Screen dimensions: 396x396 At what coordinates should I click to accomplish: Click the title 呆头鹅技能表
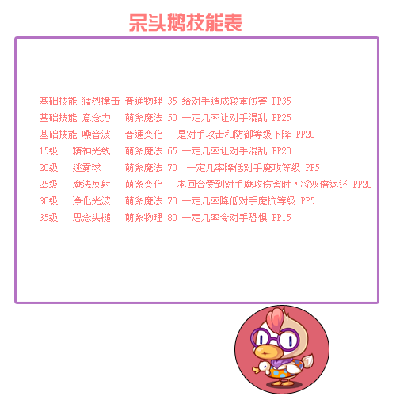(185, 23)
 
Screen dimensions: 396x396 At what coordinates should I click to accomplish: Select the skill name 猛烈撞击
(101, 101)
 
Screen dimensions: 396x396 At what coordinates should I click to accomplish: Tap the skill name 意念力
(96, 118)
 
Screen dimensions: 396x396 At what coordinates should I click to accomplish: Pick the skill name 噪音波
(96, 135)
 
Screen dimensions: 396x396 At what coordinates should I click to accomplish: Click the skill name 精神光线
(91, 151)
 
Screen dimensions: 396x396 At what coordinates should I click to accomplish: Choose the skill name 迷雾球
(86, 168)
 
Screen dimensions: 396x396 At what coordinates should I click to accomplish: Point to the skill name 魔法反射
(91, 185)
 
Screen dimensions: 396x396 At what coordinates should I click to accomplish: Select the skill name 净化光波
(91, 201)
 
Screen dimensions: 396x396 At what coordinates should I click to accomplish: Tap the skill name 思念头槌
(91, 218)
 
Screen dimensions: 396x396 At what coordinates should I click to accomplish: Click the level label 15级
(48, 151)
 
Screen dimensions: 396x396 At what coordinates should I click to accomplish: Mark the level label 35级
(48, 218)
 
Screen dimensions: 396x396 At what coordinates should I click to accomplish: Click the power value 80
(172, 218)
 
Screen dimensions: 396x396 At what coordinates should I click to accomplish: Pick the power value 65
(172, 151)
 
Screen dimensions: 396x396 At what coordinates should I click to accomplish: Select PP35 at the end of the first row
(281, 101)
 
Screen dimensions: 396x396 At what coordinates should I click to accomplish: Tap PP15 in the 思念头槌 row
(281, 218)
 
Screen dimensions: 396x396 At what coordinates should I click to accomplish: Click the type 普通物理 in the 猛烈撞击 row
(143, 101)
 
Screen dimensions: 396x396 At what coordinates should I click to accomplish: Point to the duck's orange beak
(267, 352)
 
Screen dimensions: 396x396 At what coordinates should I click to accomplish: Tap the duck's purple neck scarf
(279, 363)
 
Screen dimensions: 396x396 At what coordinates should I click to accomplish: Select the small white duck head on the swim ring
(263, 367)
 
